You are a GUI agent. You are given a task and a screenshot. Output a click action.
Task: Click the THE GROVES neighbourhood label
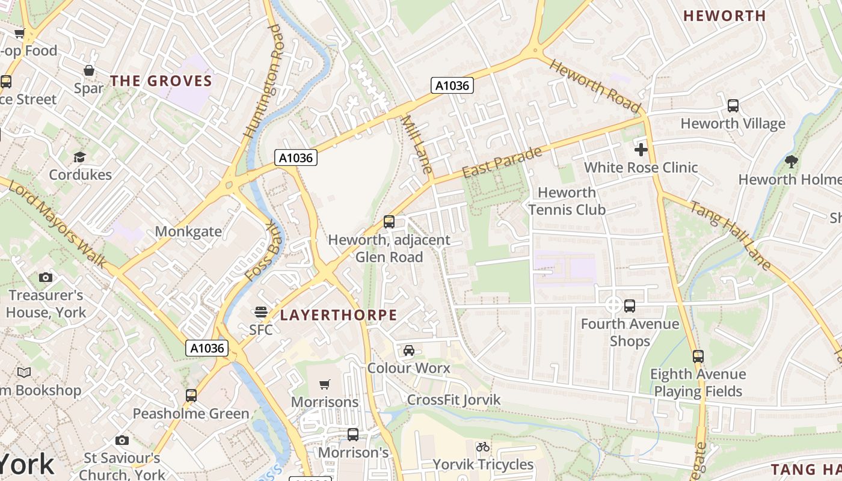point(161,81)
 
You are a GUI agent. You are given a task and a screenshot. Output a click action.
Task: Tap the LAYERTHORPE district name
point(339,315)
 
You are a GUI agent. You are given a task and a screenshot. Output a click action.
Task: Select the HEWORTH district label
point(725,16)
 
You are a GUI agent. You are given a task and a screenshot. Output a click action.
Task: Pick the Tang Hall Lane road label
point(730,235)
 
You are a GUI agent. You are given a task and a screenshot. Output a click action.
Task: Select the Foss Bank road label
point(264,252)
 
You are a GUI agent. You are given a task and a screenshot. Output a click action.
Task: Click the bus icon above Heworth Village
point(733,106)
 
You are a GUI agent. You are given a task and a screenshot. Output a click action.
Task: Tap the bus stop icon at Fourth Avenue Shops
point(629,306)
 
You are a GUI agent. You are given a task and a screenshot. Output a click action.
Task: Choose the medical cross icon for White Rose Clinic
point(641,149)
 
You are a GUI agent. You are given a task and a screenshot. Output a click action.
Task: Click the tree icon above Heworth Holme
point(791,161)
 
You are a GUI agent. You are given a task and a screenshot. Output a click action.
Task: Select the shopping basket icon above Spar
point(89,70)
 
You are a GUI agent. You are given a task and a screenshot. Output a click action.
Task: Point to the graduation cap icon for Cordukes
point(79,158)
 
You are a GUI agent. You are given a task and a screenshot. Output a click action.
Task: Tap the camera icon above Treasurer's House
point(46,277)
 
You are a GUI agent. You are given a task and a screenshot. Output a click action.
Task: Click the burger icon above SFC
point(260,311)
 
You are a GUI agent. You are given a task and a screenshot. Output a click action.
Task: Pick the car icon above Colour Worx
point(408,350)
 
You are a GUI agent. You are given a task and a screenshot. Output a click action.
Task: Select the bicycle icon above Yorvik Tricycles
point(483,447)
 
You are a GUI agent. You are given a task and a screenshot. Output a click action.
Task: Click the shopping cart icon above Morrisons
point(325,384)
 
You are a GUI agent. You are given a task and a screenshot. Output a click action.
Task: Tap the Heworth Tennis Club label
point(567,201)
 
